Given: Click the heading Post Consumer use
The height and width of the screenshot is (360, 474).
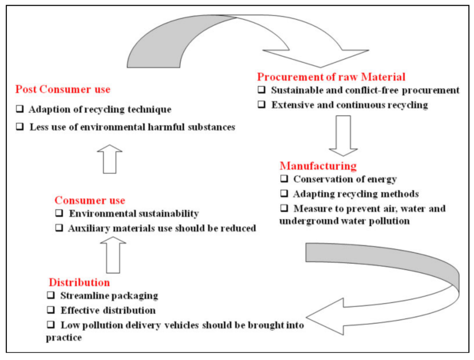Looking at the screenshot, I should [x=63, y=89].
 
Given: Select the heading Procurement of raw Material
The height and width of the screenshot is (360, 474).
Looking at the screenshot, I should [x=331, y=76].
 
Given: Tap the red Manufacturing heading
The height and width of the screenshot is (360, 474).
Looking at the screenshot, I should [x=318, y=166].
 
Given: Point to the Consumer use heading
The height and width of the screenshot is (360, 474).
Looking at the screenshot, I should [x=89, y=200].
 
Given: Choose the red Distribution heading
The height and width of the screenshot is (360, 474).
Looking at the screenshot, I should [x=79, y=282].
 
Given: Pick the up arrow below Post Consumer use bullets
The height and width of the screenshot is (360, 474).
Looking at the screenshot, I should [x=109, y=159].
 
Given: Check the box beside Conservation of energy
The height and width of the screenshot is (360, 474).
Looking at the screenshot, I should [x=283, y=179].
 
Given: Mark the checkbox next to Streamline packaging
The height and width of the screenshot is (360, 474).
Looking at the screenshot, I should [x=51, y=296].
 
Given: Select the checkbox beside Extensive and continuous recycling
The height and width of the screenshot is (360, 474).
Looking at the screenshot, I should [x=261, y=105].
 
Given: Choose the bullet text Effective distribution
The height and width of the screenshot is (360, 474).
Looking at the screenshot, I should [x=108, y=310].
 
